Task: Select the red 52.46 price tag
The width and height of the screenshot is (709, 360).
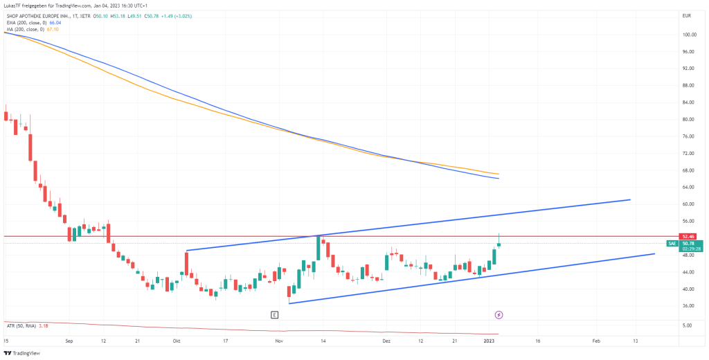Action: click(688, 236)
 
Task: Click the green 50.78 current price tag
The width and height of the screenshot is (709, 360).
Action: click(688, 243)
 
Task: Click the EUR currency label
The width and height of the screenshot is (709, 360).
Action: click(687, 15)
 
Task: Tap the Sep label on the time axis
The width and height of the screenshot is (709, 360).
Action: click(69, 341)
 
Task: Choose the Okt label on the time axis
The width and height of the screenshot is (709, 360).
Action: click(177, 341)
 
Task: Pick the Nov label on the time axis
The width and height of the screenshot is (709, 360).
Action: click(279, 341)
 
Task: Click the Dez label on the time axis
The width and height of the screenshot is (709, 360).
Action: click(386, 341)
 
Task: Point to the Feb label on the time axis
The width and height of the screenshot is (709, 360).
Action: click(596, 341)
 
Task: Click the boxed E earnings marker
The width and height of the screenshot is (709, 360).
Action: click(275, 315)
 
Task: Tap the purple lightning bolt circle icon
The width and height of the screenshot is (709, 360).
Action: click(499, 315)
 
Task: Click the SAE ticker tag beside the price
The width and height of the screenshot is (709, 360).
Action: click(672, 243)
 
